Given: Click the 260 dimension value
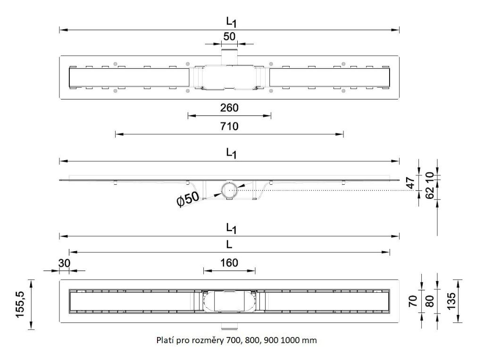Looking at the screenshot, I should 229,107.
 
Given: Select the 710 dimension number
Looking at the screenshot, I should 229,126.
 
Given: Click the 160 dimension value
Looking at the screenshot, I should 229,262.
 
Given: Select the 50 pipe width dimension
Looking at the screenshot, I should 229,36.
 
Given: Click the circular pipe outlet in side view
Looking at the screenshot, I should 230,190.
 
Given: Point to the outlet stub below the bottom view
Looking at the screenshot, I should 229,326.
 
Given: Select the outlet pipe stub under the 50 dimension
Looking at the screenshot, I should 230,53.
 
